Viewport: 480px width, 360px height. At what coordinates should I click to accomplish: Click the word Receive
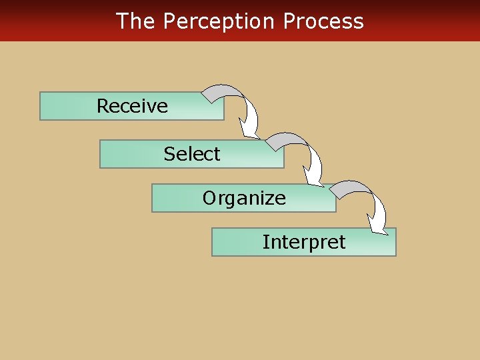click(132, 106)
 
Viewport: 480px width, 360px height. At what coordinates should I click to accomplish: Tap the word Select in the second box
click(192, 154)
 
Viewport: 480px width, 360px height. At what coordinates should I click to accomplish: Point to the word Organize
click(244, 198)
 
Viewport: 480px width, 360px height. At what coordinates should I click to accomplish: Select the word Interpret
click(304, 242)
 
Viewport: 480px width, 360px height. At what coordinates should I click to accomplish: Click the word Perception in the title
click(219, 21)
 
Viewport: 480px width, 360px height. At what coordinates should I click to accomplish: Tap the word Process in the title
click(323, 21)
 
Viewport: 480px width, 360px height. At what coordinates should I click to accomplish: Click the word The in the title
click(135, 21)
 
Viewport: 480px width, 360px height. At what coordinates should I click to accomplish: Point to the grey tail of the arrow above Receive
click(216, 94)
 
